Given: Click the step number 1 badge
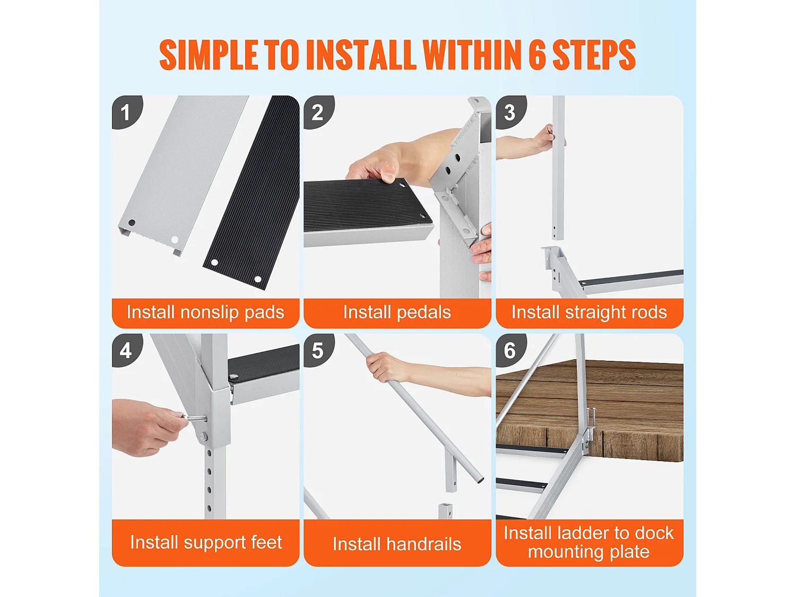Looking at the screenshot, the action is (x=126, y=111).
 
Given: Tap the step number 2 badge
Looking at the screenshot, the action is (x=318, y=111).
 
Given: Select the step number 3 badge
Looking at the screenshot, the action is (x=511, y=111).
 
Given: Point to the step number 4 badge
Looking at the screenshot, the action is (x=126, y=350).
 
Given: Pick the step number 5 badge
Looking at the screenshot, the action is (x=318, y=350).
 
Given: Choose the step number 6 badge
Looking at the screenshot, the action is (x=511, y=350).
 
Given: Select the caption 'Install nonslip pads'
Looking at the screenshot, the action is (x=205, y=313).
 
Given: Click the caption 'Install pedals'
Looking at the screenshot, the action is (x=397, y=313).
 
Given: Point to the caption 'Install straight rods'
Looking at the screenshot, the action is (x=589, y=313).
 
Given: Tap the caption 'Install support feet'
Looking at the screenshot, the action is (x=206, y=543).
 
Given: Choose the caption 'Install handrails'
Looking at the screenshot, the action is (x=397, y=544).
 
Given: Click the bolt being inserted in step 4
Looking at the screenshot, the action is (x=196, y=418).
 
